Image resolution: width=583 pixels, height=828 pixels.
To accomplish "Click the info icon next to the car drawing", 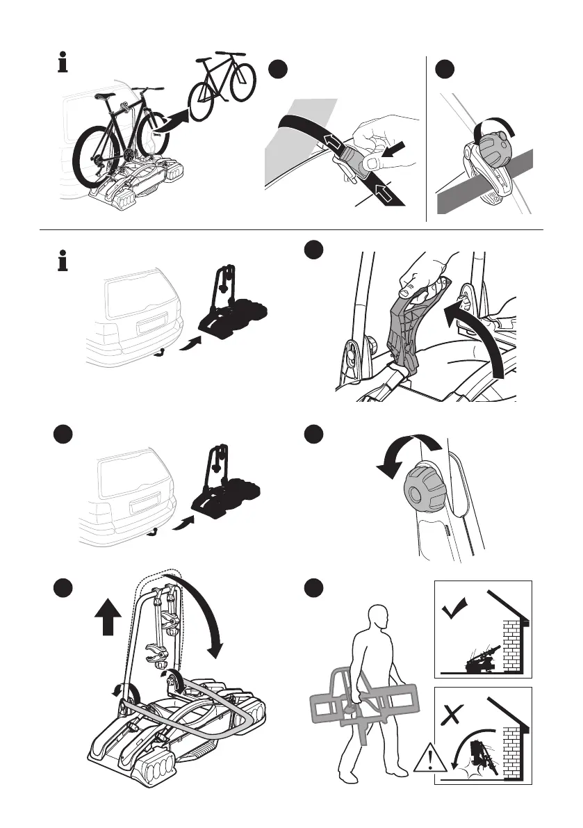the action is point(62,262).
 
